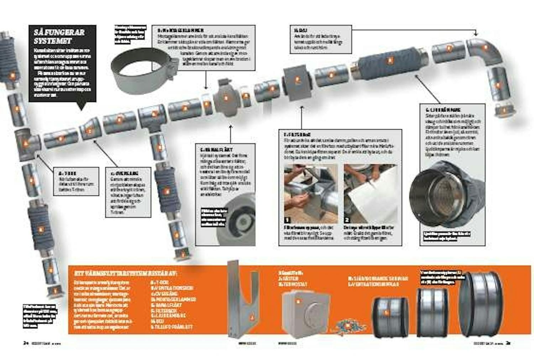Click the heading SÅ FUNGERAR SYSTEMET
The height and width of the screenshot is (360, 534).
point(59,36)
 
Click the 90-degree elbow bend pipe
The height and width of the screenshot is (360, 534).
point(484,50)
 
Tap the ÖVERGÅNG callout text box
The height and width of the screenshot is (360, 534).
point(128,192)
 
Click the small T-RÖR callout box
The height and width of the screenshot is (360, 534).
point(76,181)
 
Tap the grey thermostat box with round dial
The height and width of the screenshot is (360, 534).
point(305,314)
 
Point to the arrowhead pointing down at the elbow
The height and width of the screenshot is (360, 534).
point(476,34)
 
